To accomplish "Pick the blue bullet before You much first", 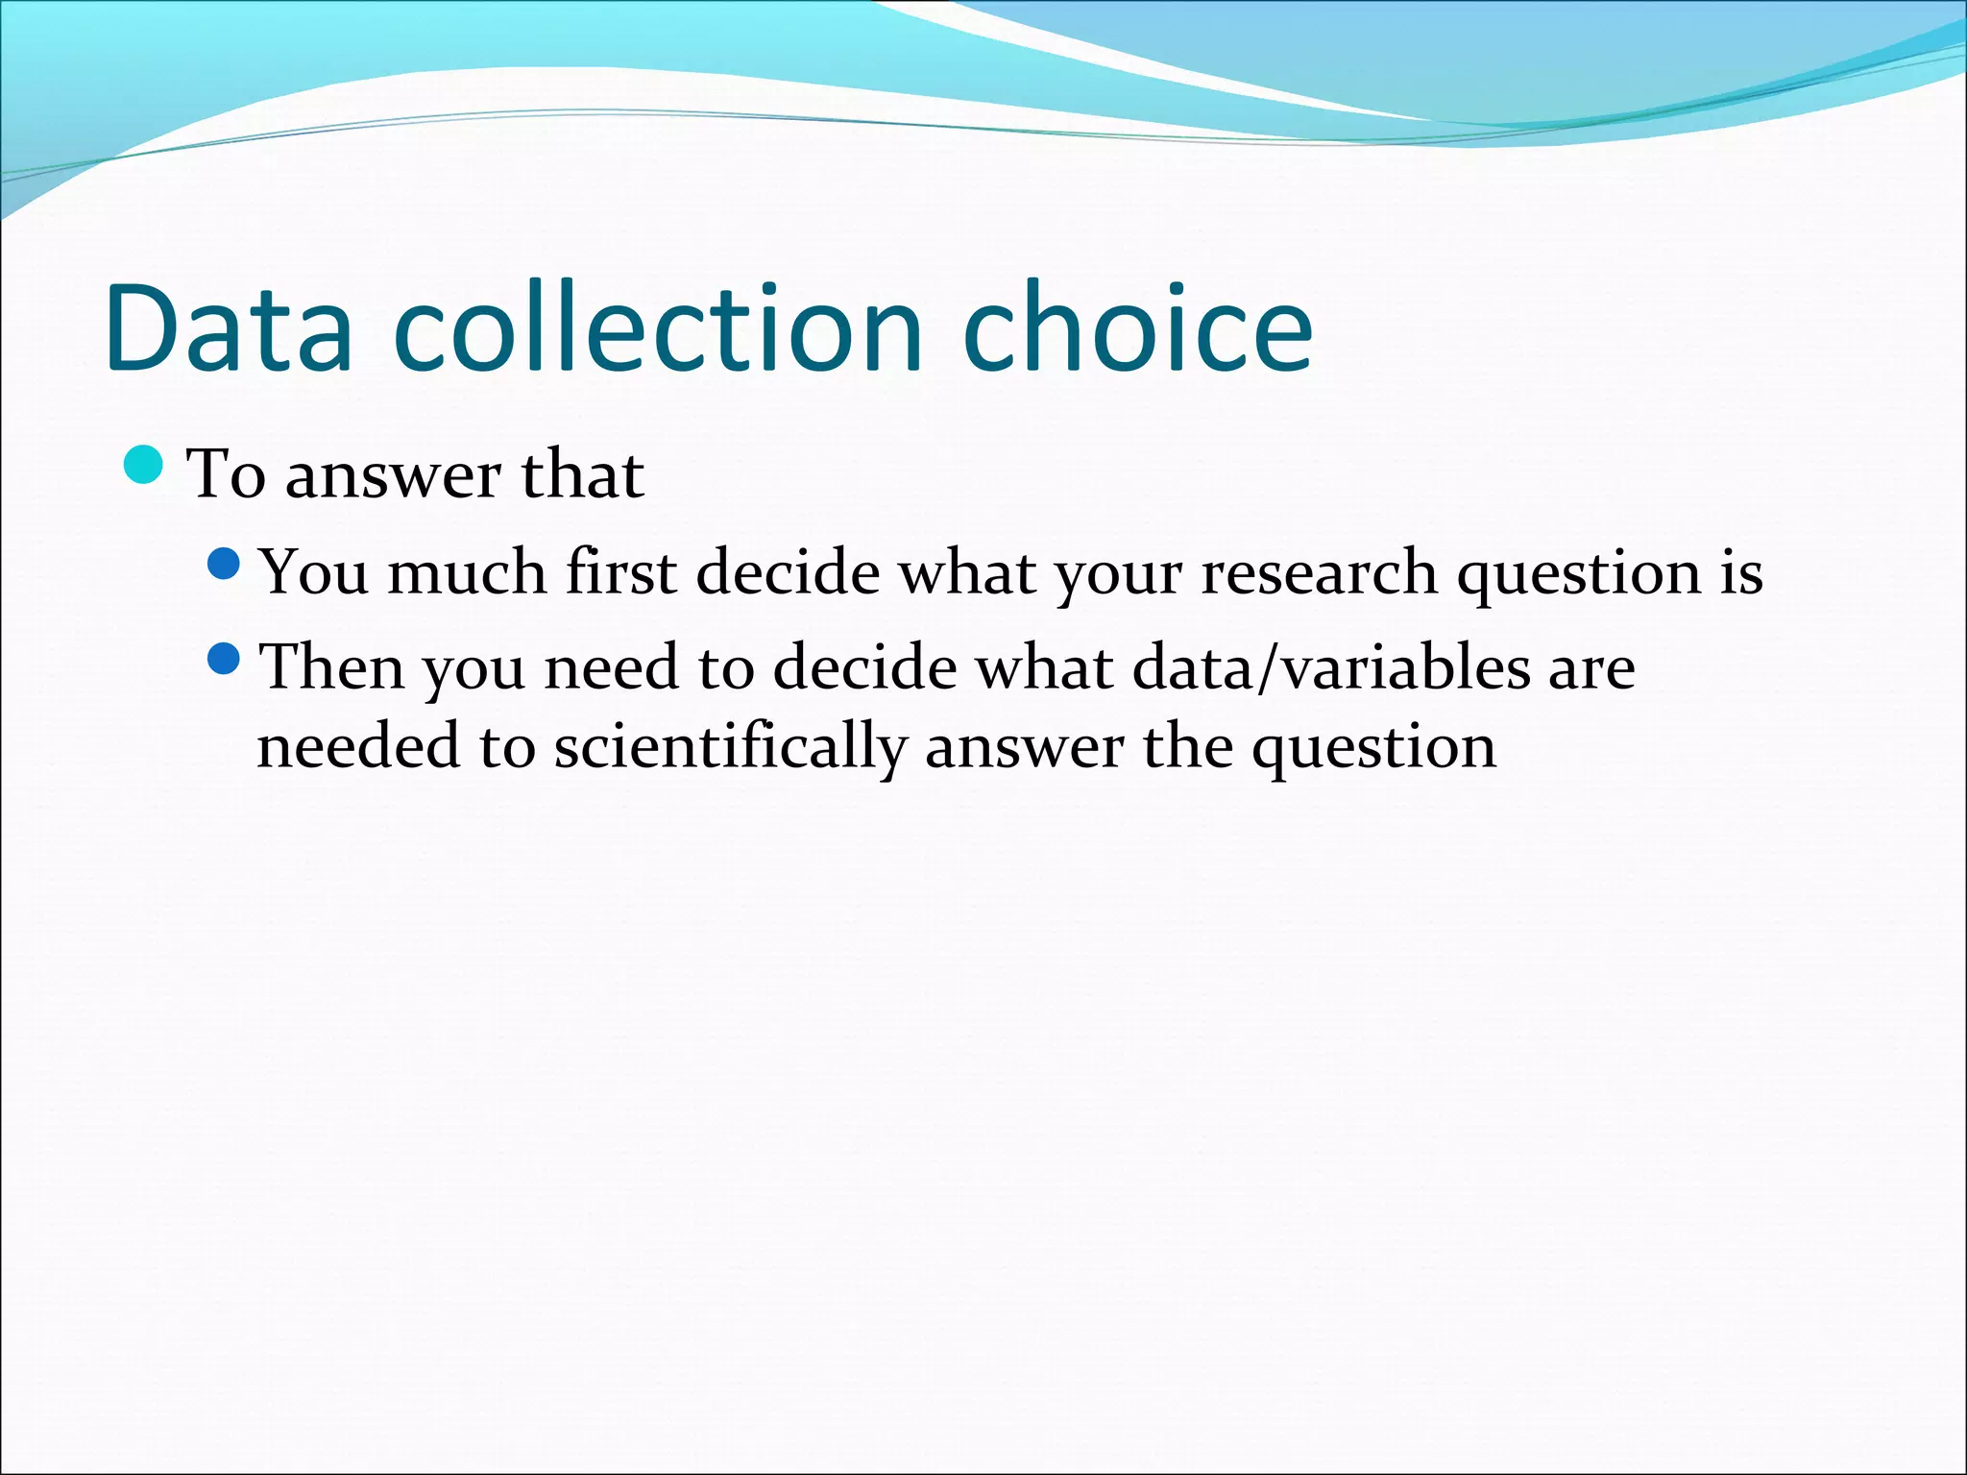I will click(x=224, y=565).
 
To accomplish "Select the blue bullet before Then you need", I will click(x=224, y=660).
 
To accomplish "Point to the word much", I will click(x=467, y=572).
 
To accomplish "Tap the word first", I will click(x=621, y=572).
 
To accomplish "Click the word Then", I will click(x=332, y=667).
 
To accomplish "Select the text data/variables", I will click(x=1331, y=667).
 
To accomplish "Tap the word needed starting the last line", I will click(x=358, y=747).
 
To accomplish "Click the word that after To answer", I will click(x=582, y=474).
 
